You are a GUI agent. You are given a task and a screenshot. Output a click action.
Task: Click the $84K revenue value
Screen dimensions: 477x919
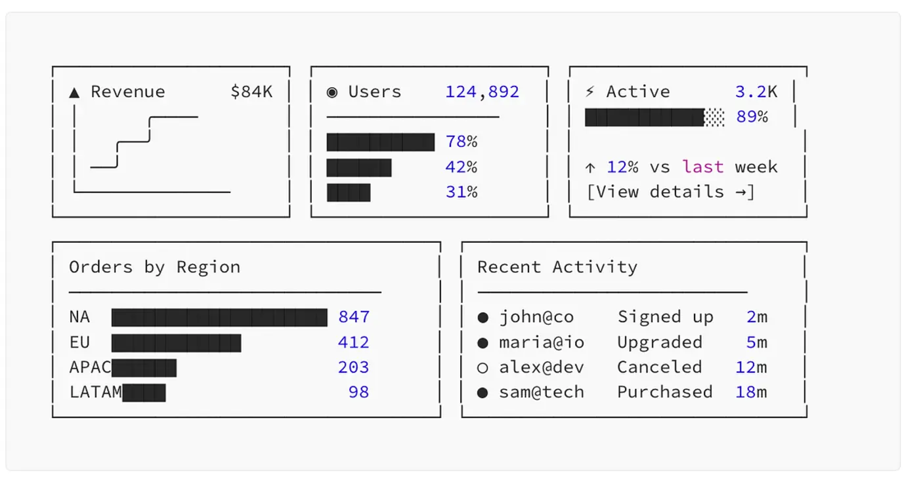click(x=251, y=92)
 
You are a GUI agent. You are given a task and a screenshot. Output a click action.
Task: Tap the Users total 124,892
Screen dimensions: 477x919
click(x=482, y=92)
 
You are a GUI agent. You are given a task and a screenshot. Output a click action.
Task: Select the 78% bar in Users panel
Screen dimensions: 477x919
click(x=380, y=142)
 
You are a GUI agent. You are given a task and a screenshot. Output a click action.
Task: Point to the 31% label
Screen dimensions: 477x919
click(x=461, y=192)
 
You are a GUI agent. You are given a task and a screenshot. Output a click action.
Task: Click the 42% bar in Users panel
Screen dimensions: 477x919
click(x=358, y=167)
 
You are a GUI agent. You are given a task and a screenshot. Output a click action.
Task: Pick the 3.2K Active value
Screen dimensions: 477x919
click(x=756, y=92)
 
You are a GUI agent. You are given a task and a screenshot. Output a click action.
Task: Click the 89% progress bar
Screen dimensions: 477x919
click(x=654, y=117)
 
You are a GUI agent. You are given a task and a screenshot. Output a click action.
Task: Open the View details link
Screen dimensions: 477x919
click(x=670, y=192)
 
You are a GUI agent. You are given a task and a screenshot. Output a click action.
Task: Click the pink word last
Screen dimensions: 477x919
click(x=702, y=167)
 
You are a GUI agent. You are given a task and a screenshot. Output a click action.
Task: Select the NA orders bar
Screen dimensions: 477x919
click(x=219, y=318)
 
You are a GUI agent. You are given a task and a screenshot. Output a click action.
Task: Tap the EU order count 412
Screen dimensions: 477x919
click(x=353, y=342)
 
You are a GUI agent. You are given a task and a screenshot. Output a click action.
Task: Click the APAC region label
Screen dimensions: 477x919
click(x=90, y=367)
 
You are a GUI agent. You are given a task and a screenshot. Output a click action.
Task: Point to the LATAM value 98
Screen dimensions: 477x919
click(x=358, y=392)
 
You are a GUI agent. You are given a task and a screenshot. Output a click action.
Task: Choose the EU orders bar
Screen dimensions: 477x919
click(x=176, y=342)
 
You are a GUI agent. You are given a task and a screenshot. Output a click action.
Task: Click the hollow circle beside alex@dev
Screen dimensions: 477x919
click(x=482, y=368)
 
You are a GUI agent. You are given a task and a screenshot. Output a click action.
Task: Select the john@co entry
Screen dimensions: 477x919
click(x=536, y=318)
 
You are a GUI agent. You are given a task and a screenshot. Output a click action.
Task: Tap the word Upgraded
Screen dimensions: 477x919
click(x=659, y=342)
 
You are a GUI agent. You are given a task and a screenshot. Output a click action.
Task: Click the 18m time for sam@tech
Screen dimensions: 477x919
click(x=750, y=392)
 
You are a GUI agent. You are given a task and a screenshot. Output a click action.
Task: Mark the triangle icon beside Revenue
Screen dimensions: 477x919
click(x=74, y=93)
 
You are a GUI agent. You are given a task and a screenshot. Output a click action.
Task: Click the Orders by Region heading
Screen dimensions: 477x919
click(x=154, y=268)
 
